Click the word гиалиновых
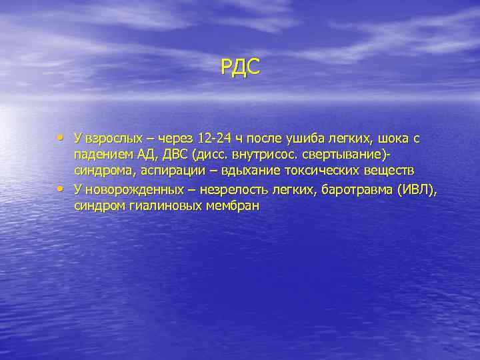[165, 207]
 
